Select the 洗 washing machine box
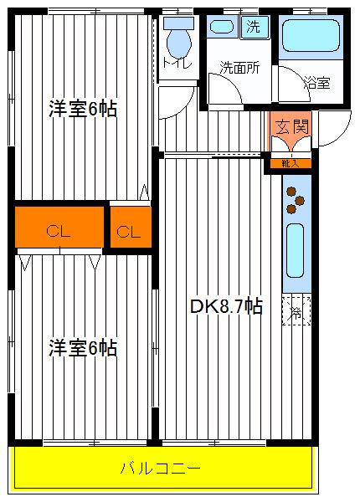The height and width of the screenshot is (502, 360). point(252,27)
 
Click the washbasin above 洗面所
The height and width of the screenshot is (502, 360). point(222,26)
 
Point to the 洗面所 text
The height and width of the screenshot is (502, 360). point(239,68)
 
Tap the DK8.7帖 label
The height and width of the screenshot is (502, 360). point(225,307)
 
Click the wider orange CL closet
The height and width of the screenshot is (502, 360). point(59,230)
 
